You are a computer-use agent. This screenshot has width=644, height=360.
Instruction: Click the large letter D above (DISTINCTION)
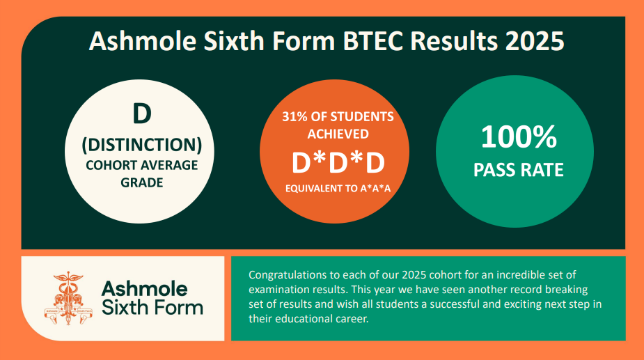tap(142, 114)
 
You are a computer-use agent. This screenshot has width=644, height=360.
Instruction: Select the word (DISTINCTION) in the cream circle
tap(142, 145)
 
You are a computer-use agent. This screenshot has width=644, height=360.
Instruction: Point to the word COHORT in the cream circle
tap(106, 165)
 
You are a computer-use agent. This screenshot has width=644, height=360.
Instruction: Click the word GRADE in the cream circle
tap(142, 182)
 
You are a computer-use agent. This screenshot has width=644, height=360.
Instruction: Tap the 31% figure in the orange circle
tap(294, 117)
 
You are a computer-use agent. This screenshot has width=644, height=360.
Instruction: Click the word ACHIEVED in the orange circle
tap(338, 134)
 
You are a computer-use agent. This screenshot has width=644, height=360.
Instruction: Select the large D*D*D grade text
tap(338, 163)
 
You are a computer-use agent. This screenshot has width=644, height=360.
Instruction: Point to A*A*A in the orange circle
tap(375, 189)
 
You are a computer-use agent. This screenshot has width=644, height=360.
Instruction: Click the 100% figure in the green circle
tap(519, 137)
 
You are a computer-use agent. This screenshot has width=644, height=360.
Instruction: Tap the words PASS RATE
tap(518, 170)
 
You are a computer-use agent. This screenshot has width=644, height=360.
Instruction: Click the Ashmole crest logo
tap(68, 298)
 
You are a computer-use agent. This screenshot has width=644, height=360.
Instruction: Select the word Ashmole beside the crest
tap(144, 289)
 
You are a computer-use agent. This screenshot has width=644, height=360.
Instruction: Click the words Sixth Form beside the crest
tap(152, 307)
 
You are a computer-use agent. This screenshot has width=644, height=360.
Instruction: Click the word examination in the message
tap(277, 290)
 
